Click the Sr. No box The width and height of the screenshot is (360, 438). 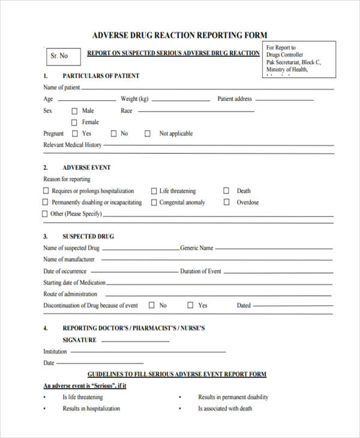coord(59,56)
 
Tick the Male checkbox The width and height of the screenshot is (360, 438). coord(75,111)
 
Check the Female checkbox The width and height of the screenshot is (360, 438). coord(75,122)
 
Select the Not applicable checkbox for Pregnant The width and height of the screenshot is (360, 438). coord(148,134)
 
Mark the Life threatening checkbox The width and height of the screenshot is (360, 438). coord(154,191)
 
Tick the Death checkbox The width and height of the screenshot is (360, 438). coord(226,191)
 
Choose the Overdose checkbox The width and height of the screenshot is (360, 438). coord(226,202)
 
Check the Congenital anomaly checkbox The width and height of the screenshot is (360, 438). coord(154,203)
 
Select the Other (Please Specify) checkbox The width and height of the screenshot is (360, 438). coord(45,214)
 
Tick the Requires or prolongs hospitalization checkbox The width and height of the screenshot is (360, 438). coord(46,191)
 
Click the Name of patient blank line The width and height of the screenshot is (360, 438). coord(207,88)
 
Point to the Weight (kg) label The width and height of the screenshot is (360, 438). coord(134,99)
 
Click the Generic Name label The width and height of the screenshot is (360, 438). coord(197,248)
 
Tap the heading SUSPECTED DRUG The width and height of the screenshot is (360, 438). coord(88,236)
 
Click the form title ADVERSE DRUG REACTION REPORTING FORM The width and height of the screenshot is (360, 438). coord(179,35)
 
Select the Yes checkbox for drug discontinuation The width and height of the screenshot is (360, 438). coord(190,305)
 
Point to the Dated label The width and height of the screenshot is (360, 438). coord(244,305)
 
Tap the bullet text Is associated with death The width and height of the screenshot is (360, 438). coord(225,409)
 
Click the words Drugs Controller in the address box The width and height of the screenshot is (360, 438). coord(285,55)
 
